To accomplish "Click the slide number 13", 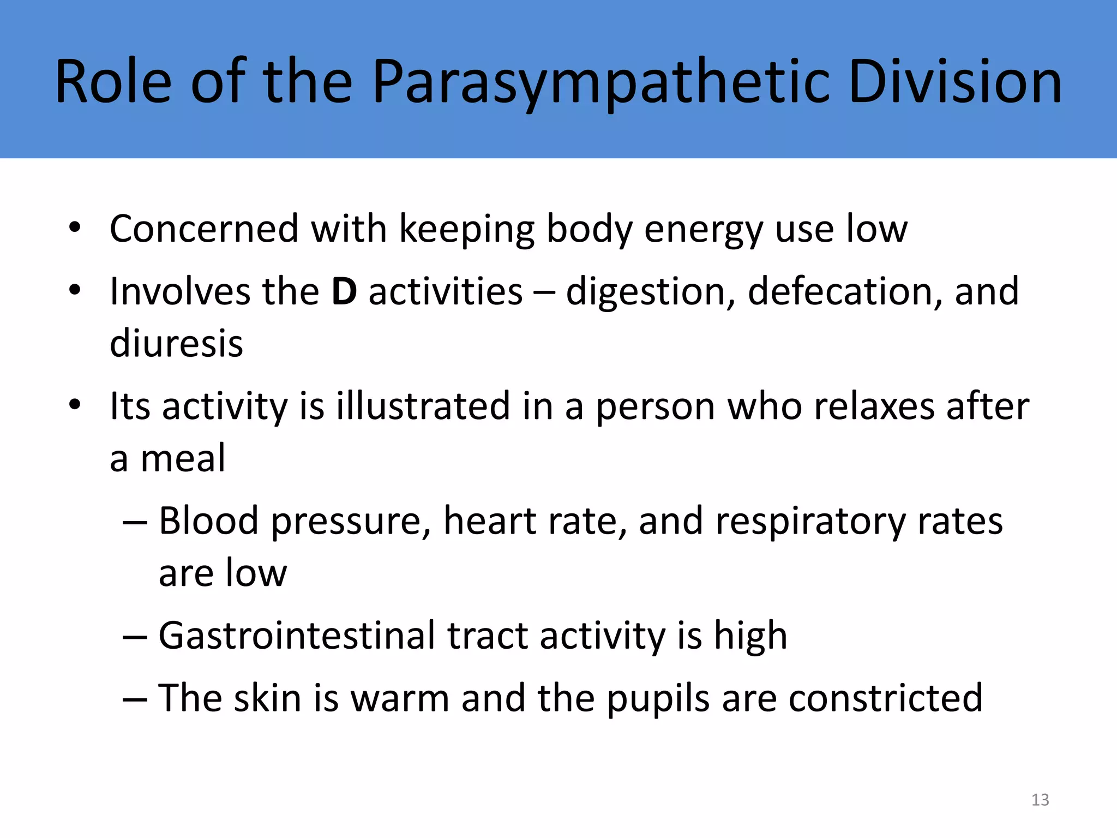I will point(1040,800).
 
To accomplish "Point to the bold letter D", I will point(344,291).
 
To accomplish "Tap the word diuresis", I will point(176,344).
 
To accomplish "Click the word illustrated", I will point(423,406).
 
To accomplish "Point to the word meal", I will point(183,458).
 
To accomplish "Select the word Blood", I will point(208,520).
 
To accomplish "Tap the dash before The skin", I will point(135,699).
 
